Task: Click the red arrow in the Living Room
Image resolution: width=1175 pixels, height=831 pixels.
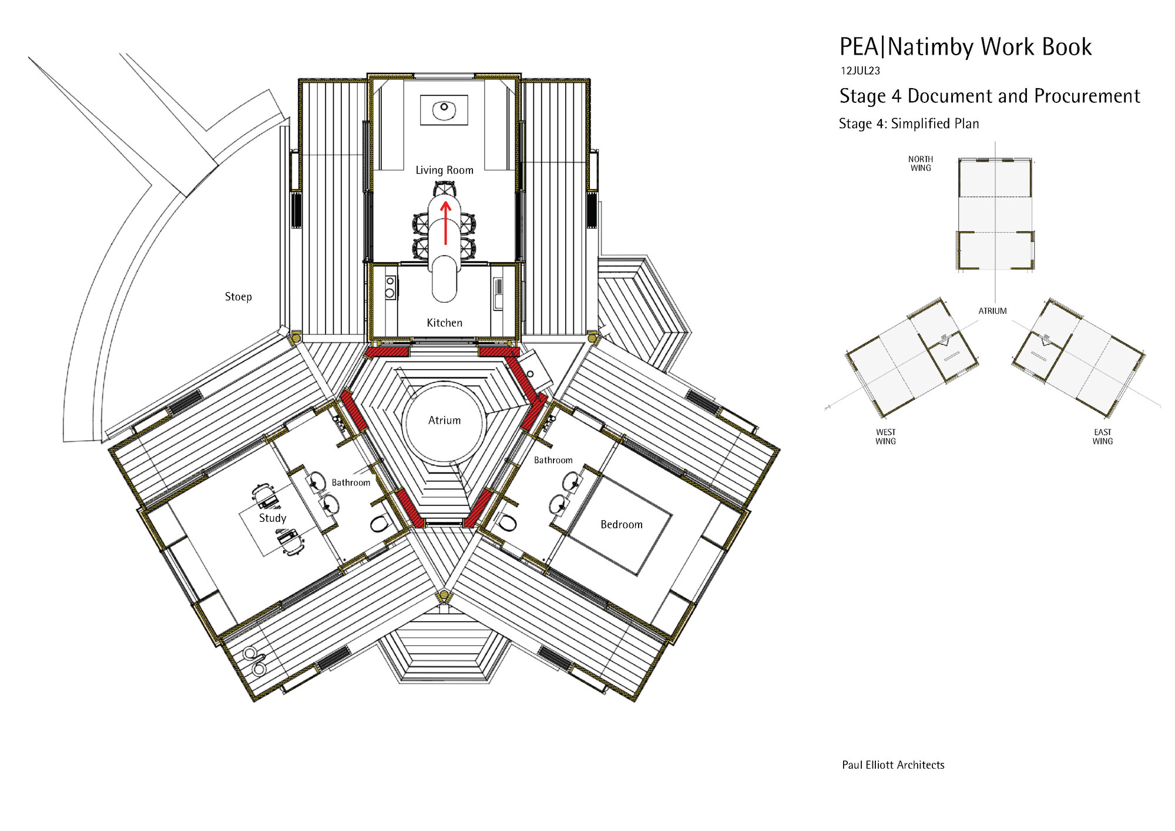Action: [445, 223]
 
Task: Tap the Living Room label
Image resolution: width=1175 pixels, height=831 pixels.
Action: [444, 170]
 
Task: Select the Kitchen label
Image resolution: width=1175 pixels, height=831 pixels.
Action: [444, 323]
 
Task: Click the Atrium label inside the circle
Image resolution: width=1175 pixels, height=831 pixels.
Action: [444, 420]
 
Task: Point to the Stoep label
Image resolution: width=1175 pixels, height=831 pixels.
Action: [238, 297]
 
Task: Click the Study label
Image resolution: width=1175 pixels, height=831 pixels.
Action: [273, 518]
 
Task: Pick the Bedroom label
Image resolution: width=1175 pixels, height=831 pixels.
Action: [621, 524]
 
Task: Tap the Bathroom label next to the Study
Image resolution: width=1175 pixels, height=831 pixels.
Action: [351, 482]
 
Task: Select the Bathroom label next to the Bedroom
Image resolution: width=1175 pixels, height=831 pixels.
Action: [553, 460]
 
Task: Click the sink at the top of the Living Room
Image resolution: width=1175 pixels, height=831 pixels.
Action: [444, 110]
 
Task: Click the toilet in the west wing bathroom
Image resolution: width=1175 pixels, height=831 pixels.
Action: [380, 523]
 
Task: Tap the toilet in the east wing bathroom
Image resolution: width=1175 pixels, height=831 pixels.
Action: [508, 522]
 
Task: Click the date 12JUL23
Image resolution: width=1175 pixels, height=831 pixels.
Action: [860, 71]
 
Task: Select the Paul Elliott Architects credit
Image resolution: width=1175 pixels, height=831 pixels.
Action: [892, 765]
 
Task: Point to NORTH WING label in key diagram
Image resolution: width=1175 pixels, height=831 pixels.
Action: [920, 163]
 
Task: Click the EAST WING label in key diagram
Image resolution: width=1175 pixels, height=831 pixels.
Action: [1102, 437]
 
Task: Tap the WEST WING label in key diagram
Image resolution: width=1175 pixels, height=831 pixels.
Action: [885, 437]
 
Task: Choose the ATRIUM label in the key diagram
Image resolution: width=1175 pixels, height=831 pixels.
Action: [992, 311]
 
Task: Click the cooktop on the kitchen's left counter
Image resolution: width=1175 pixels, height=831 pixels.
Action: [390, 287]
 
